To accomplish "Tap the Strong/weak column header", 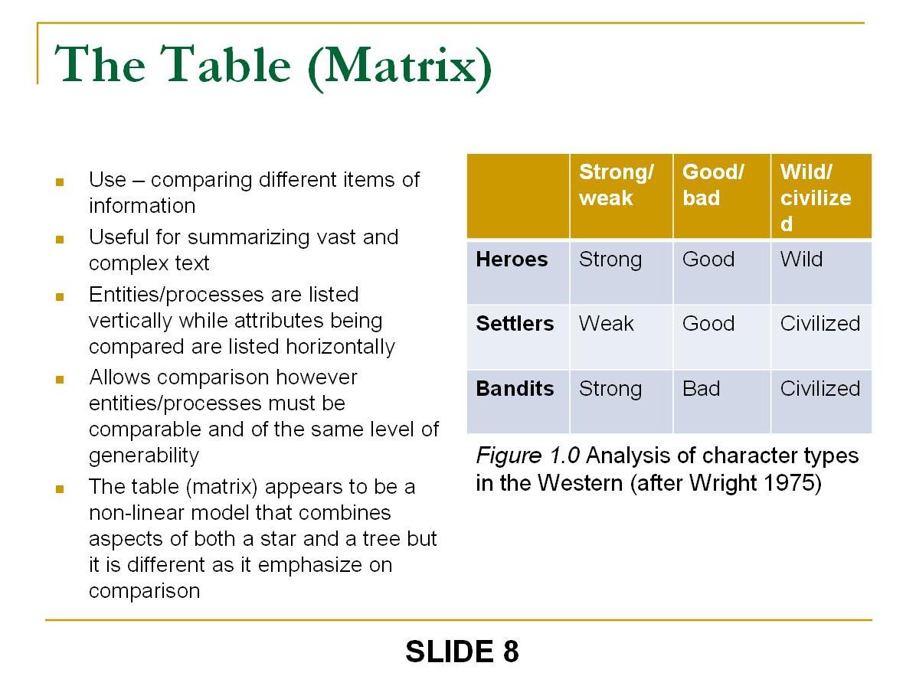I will [x=617, y=185].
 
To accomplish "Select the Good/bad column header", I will [x=713, y=185].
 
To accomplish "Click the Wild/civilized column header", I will [x=816, y=198].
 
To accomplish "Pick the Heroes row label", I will [x=512, y=260].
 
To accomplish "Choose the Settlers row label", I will [x=515, y=324].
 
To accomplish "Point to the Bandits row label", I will [x=515, y=389].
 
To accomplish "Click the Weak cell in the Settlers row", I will [x=607, y=324].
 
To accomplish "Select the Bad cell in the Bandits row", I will [x=702, y=389].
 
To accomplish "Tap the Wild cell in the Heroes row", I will [x=801, y=260].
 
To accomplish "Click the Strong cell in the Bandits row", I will [x=610, y=389].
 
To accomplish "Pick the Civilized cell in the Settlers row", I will [x=820, y=324].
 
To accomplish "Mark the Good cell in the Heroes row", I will [x=708, y=260].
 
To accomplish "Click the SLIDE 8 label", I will [x=462, y=652].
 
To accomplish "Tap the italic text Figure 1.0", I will [x=528, y=456].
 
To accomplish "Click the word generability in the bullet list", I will [x=144, y=456].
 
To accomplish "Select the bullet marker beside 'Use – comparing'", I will [x=59, y=182].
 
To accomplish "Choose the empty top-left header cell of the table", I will [x=518, y=196].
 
